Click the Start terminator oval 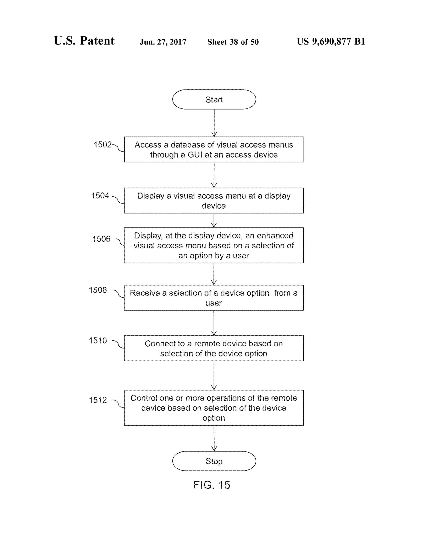point(214,99)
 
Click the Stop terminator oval point(214,461)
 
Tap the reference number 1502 point(103,145)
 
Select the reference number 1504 point(100,196)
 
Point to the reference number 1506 point(101,239)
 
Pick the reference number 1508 point(98,290)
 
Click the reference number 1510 point(98,341)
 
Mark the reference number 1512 point(98,400)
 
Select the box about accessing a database point(214,150)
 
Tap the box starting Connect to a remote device point(214,348)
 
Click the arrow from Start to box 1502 point(214,123)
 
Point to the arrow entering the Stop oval point(214,438)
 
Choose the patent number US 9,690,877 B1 point(331,41)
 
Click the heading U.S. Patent point(84,41)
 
